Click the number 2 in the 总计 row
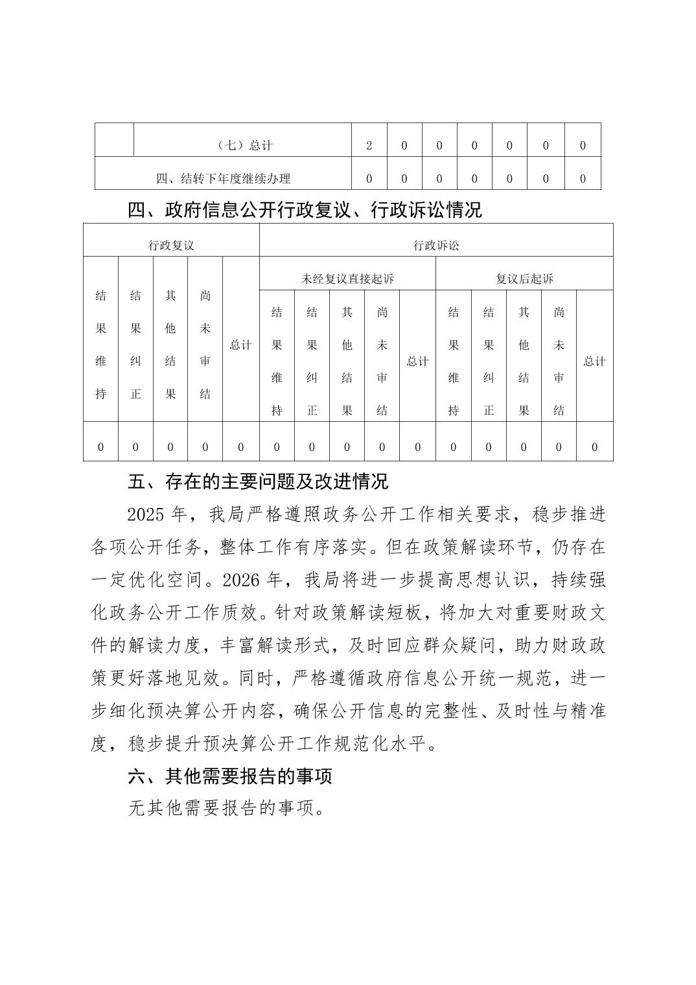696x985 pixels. click(x=369, y=146)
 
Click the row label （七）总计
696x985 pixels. click(x=242, y=146)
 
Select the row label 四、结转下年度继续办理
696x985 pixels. click(x=223, y=179)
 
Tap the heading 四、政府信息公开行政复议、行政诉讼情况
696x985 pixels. click(x=305, y=210)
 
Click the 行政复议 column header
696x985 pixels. click(x=171, y=246)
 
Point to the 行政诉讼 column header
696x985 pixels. click(x=436, y=246)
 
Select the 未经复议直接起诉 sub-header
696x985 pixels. click(x=347, y=279)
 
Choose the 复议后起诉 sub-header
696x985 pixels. click(x=524, y=279)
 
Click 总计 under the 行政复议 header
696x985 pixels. click(x=240, y=345)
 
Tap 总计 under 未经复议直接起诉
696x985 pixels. click(x=417, y=362)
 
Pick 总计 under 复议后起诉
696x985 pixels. click(x=594, y=362)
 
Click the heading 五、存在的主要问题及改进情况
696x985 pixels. click(x=258, y=482)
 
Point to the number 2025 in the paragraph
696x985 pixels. click(x=148, y=515)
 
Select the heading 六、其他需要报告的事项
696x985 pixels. click(x=230, y=776)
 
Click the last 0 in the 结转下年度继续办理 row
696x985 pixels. click(x=583, y=179)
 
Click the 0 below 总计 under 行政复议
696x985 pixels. click(x=240, y=447)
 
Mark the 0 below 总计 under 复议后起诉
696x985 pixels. click(x=594, y=447)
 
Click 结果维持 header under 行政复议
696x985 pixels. click(x=100, y=345)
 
